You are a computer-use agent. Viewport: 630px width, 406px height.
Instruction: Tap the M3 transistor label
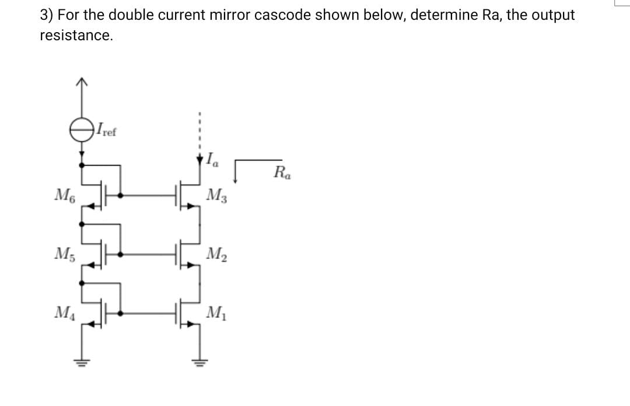(218, 194)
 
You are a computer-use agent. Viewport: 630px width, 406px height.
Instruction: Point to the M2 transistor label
(218, 254)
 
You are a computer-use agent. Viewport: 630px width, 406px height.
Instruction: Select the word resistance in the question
(75, 36)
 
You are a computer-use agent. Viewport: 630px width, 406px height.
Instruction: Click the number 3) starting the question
(47, 15)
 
